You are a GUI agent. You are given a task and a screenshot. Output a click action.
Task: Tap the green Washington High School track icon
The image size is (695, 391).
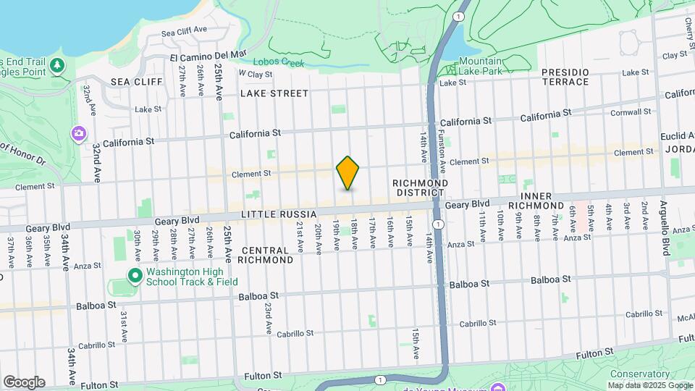[134, 275]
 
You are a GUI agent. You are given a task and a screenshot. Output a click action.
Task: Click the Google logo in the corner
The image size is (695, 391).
[24, 382]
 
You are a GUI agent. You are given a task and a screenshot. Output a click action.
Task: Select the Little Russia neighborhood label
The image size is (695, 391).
[279, 214]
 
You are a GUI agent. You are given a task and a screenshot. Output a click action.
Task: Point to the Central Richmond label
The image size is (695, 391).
[264, 254]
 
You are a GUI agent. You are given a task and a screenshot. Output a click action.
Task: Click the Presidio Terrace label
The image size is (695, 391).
[566, 77]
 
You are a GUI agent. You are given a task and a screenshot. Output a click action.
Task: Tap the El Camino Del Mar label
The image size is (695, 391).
[208, 56]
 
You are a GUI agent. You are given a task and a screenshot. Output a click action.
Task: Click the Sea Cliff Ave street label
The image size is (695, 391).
[184, 32]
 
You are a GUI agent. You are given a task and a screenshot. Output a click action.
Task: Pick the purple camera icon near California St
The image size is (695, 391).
[77, 133]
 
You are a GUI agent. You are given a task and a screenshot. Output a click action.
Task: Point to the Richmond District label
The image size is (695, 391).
[420, 188]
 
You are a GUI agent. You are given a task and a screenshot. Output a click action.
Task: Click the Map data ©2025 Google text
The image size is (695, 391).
[649, 385]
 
